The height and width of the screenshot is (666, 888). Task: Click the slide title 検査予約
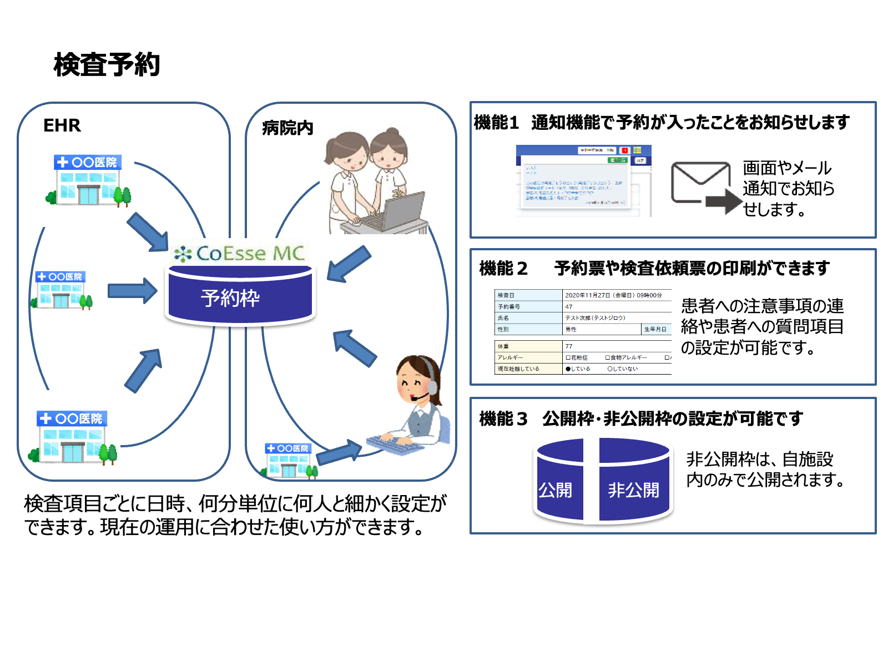[x=107, y=64]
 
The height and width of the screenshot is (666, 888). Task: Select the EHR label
[x=62, y=125]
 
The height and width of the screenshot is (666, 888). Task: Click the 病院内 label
[x=287, y=128]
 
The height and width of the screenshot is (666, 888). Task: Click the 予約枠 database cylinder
[x=240, y=297]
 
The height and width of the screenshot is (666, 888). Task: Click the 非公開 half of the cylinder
[x=634, y=481]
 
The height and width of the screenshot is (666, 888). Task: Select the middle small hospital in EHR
[x=61, y=290]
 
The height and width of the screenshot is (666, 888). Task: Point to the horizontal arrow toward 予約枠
[x=132, y=290]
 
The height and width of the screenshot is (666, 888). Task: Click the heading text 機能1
[x=496, y=122]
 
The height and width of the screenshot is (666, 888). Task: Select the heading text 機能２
[x=503, y=269]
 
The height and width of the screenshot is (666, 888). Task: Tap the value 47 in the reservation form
[x=569, y=306]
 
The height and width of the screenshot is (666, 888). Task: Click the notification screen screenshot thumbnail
[x=583, y=180]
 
